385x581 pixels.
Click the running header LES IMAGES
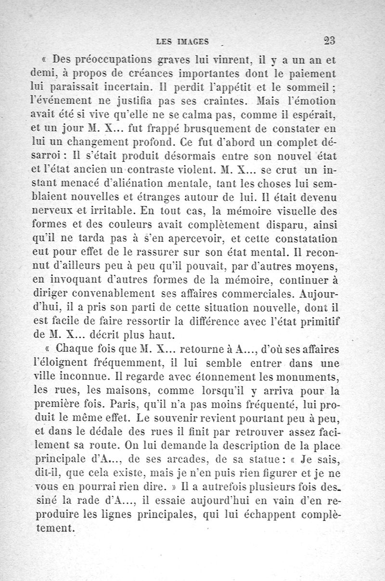(179, 42)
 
